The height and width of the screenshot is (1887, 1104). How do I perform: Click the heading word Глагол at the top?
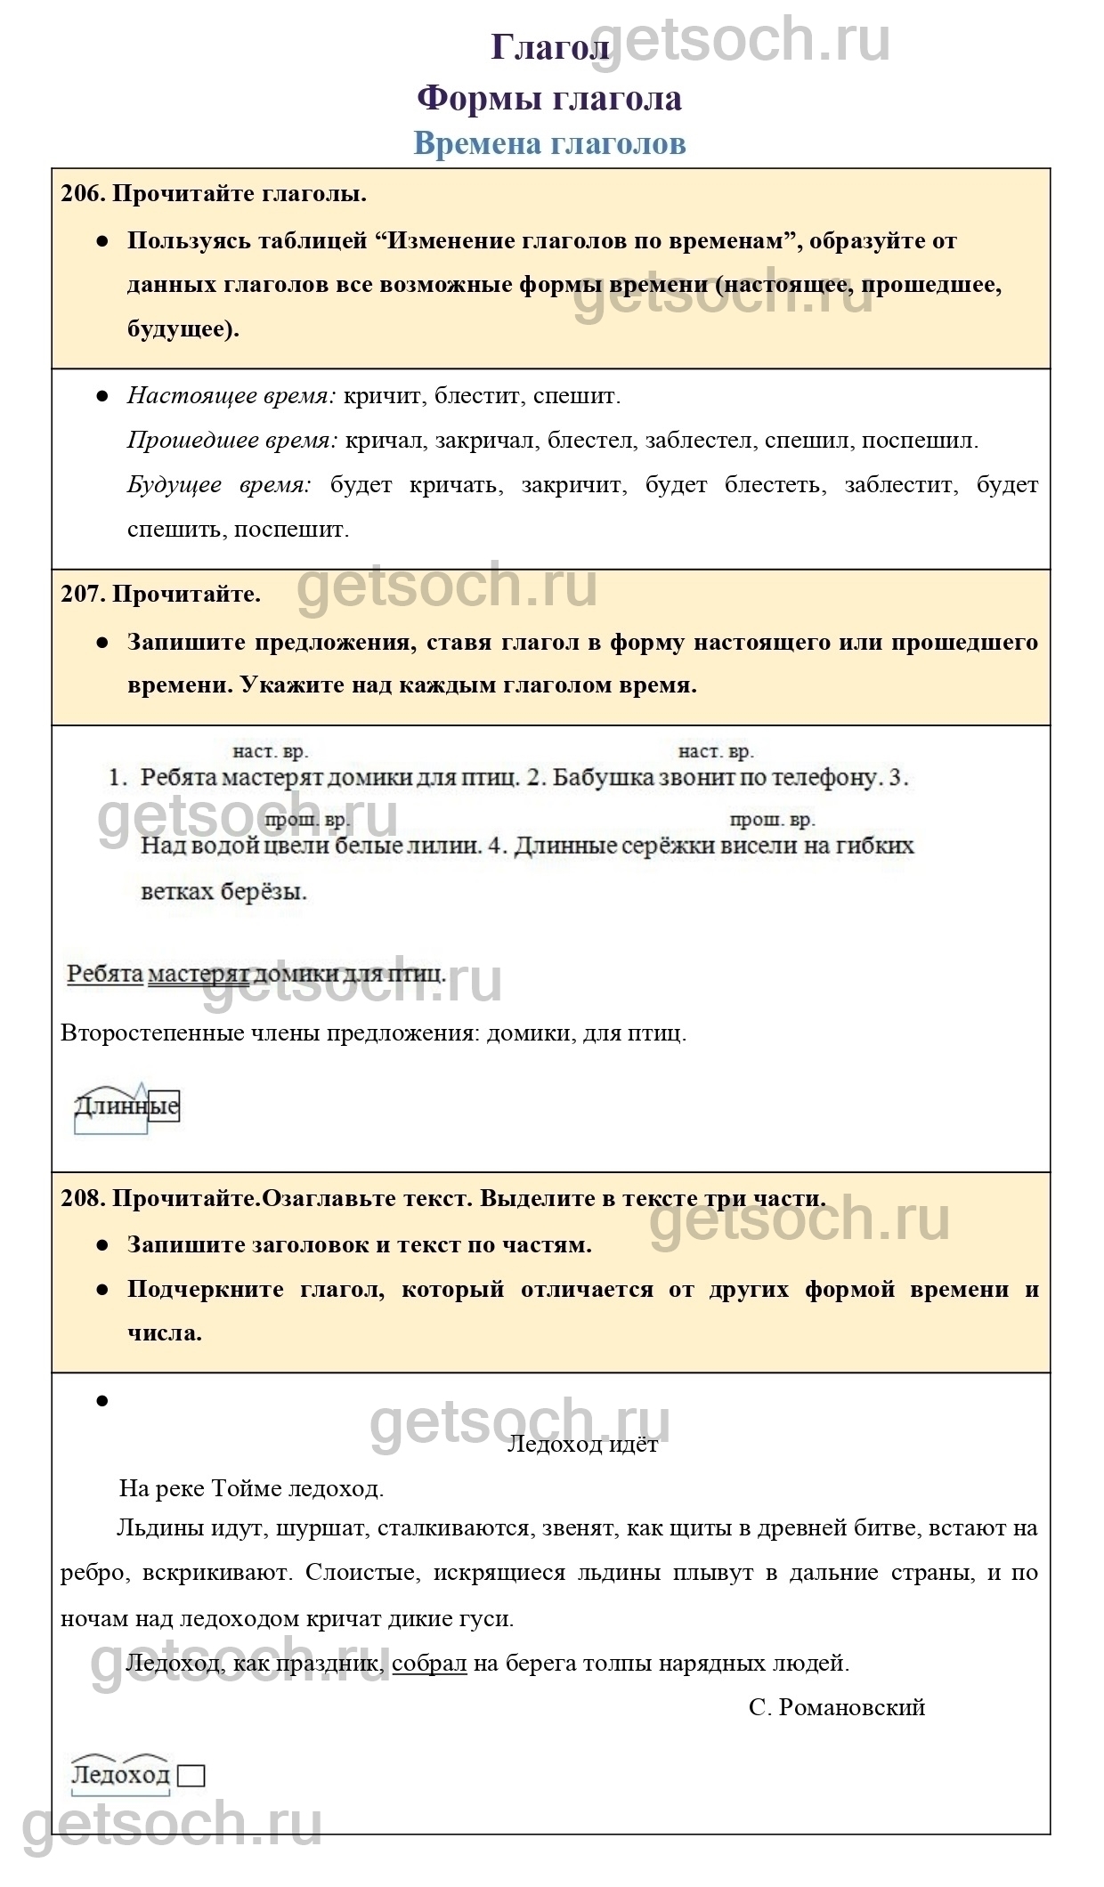point(549,48)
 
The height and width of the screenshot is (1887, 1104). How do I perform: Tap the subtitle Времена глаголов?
point(549,143)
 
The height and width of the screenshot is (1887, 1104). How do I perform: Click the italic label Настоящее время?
point(231,396)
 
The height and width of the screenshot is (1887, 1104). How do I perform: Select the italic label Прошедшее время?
point(231,441)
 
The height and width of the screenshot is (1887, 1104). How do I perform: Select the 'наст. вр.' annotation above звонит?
point(715,752)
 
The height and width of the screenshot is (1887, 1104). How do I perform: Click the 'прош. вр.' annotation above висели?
point(771,820)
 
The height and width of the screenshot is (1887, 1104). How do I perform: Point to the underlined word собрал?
point(429,1663)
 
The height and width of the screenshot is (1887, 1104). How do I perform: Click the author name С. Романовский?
point(837,1707)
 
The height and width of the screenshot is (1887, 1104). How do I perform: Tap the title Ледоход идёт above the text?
point(582,1444)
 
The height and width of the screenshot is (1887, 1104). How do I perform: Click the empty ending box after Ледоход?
point(191,1776)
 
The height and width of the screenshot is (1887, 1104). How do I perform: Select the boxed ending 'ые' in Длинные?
point(164,1106)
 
